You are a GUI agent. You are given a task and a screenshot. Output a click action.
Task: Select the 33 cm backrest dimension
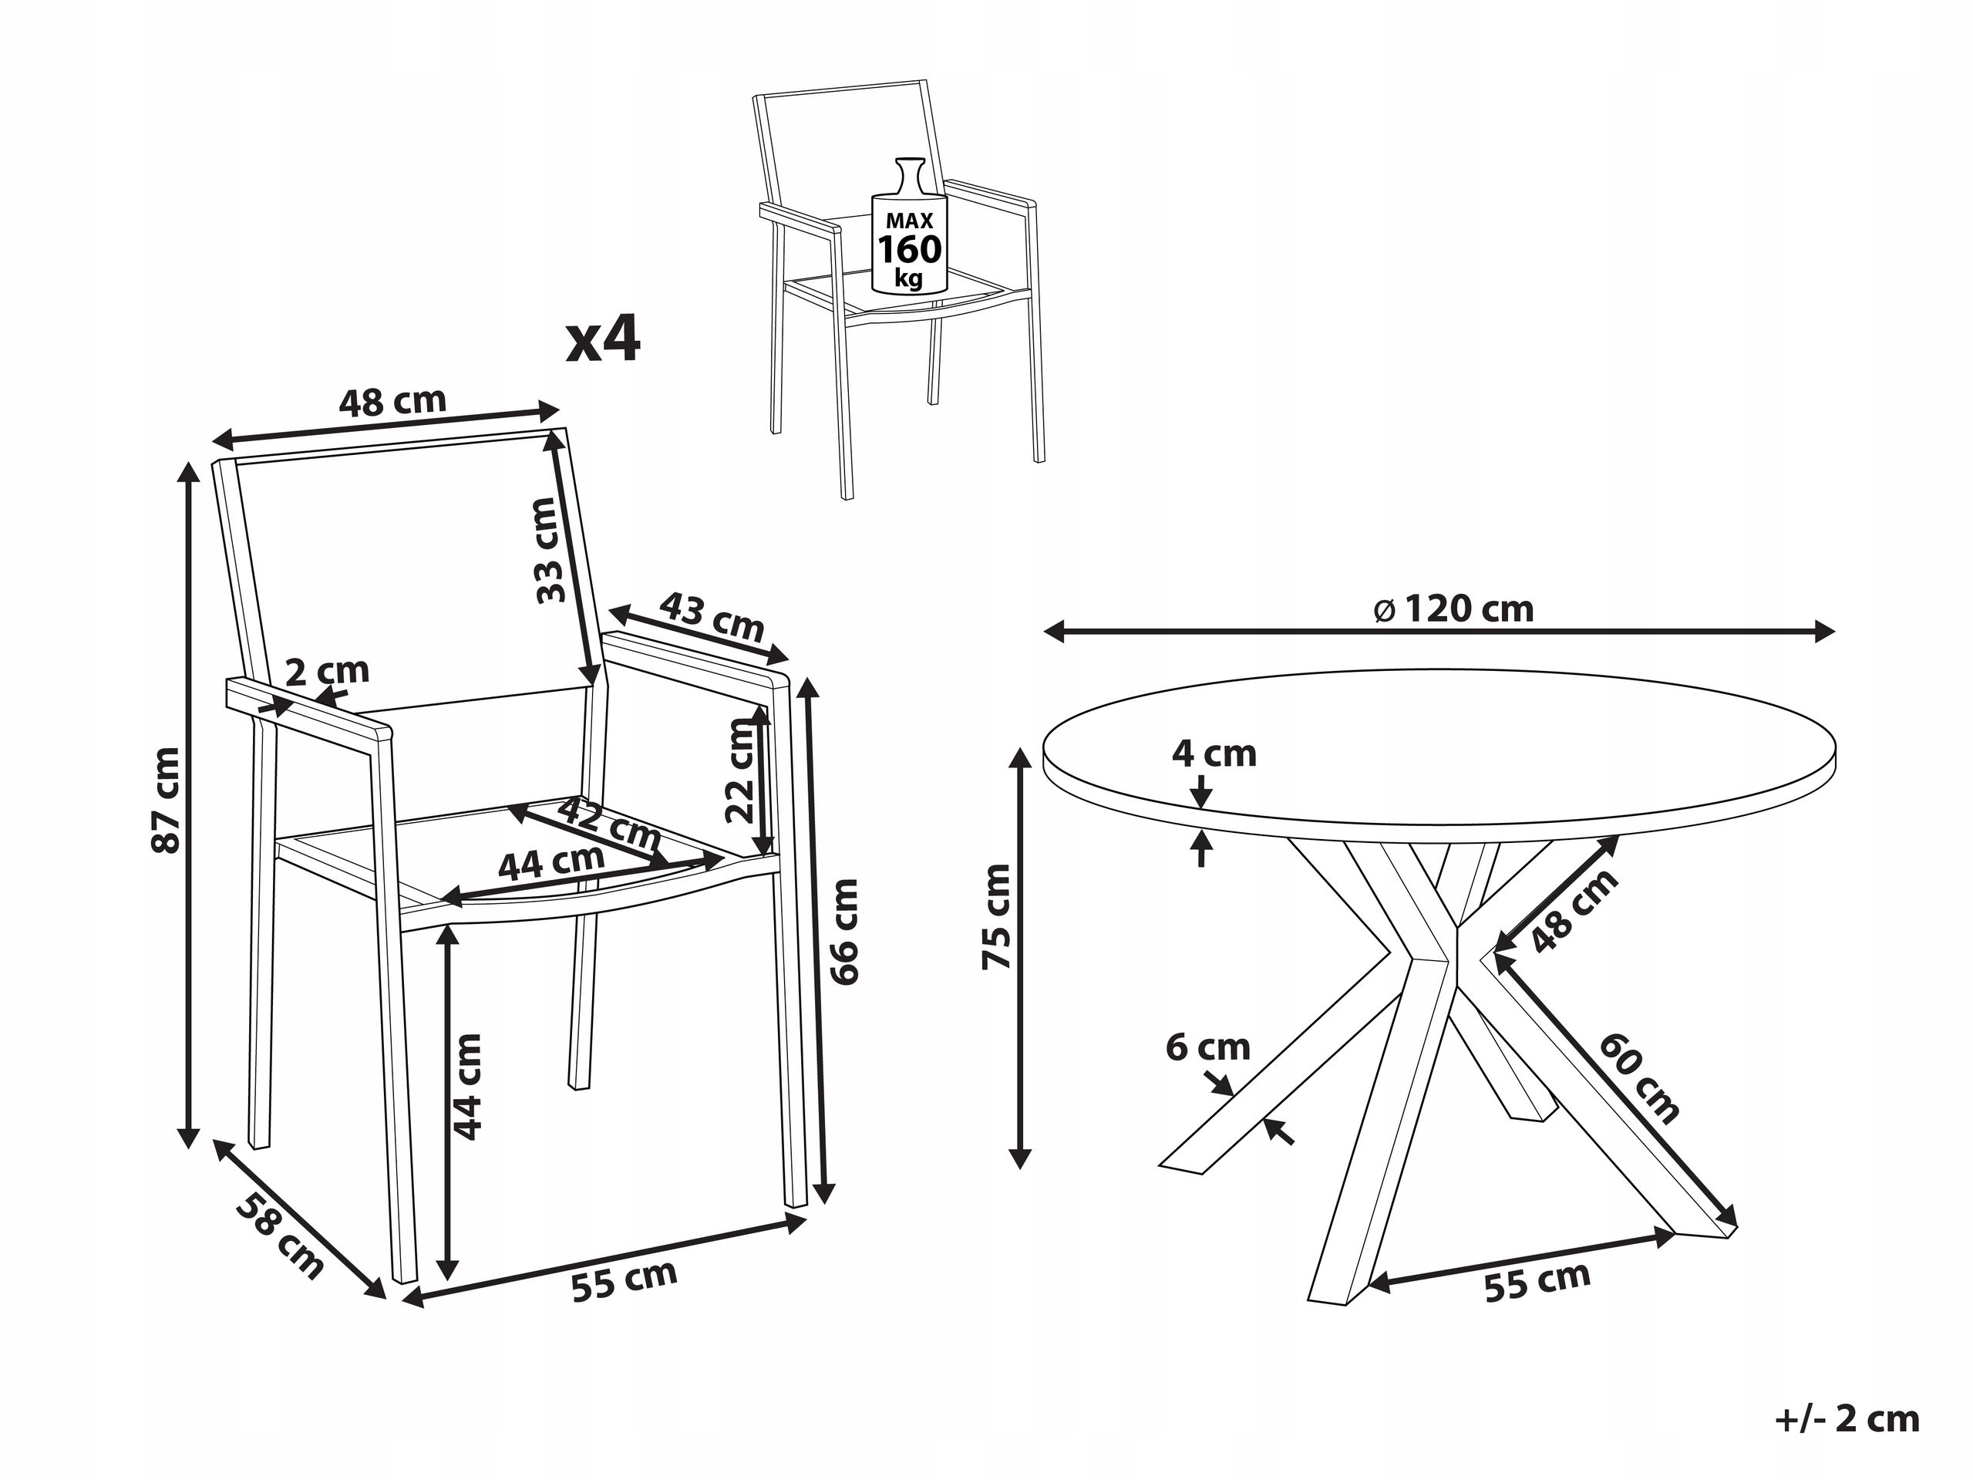click(x=547, y=551)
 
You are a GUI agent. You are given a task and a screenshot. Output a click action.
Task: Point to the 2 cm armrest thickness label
click(x=328, y=671)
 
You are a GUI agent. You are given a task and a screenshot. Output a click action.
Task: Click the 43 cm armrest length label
click(x=712, y=616)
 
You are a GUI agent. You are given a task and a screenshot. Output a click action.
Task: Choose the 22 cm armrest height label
click(x=739, y=770)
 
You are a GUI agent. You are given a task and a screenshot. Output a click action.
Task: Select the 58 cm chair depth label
click(x=280, y=1235)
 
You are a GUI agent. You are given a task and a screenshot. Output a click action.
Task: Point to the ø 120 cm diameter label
click(x=1455, y=609)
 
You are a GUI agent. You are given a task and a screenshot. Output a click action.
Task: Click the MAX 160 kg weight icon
click(x=909, y=226)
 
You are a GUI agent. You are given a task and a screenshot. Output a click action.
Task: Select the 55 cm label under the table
click(x=1537, y=1281)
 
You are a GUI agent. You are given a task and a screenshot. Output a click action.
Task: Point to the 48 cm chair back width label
click(x=392, y=402)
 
